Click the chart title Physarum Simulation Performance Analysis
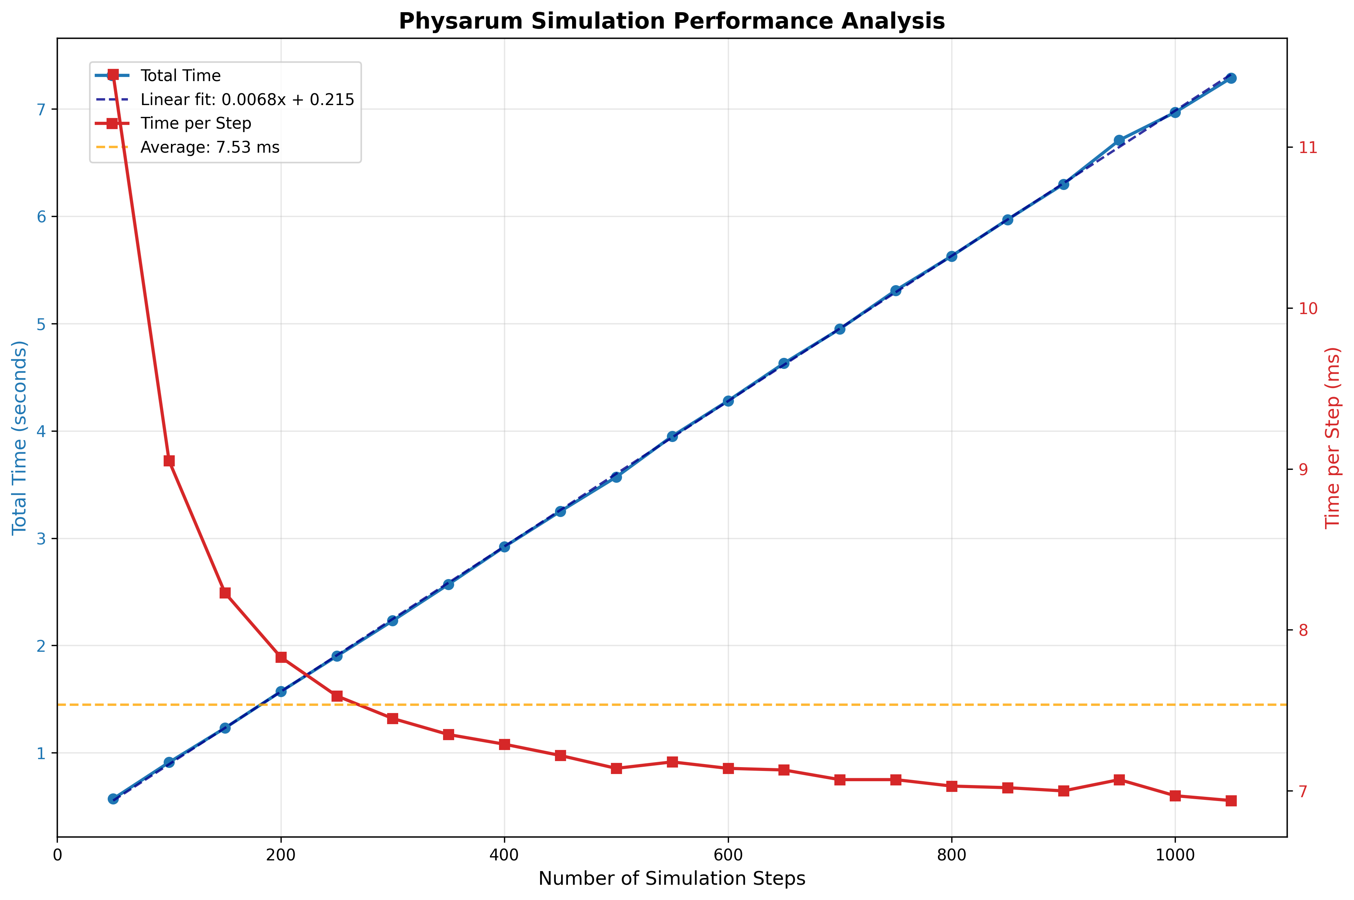[671, 21]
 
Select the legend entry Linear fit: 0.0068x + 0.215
[247, 99]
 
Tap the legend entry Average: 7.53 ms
[209, 147]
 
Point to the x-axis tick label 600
[727, 855]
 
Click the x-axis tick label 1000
[1174, 855]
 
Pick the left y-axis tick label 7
[41, 110]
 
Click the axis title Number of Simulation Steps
[671, 879]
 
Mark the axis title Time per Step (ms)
[1332, 437]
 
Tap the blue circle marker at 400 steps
[504, 546]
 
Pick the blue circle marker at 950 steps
[1119, 140]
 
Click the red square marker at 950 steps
[1119, 779]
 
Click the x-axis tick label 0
[57, 855]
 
